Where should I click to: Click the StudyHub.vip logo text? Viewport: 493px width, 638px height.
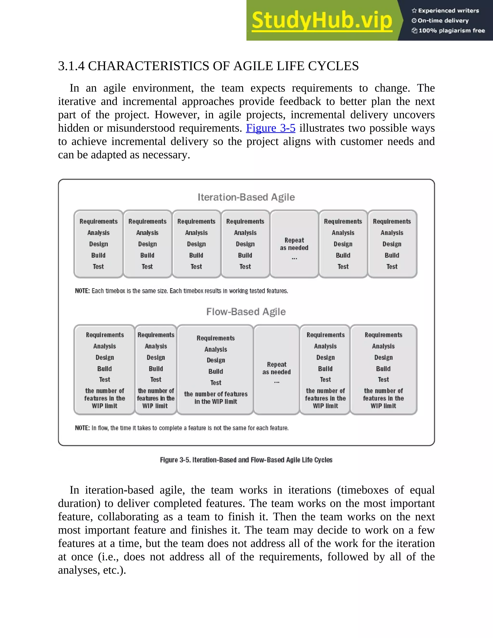[322, 20]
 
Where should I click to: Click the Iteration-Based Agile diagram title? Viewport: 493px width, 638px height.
[246, 197]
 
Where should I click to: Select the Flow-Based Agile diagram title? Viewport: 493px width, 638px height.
[246, 312]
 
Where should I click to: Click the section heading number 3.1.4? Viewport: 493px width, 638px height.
[71, 66]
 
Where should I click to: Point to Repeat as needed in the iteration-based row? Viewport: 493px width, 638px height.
[294, 244]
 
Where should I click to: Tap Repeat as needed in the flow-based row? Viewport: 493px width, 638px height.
[277, 368]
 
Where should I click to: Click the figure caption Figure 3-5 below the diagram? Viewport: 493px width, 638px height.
[246, 460]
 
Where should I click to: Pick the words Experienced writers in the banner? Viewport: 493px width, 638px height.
[448, 11]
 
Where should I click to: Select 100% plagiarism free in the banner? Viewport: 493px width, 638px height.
[452, 31]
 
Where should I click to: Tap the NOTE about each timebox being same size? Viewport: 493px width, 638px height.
[181, 291]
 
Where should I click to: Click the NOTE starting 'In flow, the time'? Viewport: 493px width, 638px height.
[182, 428]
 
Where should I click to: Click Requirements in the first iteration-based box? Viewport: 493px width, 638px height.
[98, 221]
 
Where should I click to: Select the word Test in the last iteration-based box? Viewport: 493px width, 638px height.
[392, 267]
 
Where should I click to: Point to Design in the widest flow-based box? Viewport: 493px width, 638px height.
[216, 360]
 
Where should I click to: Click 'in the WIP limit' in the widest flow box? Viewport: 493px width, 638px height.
[216, 402]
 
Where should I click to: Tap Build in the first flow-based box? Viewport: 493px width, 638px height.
[104, 369]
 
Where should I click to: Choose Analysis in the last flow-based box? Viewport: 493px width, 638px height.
[383, 346]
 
